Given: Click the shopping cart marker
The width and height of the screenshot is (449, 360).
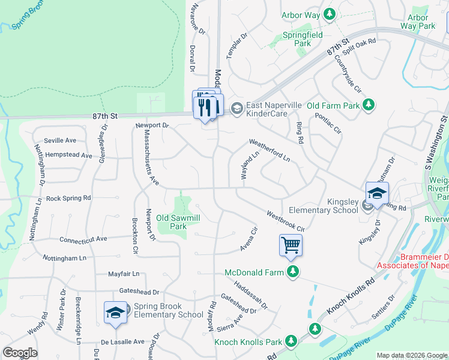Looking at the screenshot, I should point(291,244).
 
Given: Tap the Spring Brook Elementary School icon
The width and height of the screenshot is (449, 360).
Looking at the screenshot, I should point(115,313).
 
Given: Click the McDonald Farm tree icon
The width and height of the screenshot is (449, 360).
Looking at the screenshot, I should point(293,272).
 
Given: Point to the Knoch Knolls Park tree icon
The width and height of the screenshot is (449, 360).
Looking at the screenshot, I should point(291,341).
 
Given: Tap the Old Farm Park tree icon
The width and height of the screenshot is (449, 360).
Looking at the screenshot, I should point(369,106).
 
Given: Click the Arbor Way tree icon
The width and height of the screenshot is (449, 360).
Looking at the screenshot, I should point(329,13).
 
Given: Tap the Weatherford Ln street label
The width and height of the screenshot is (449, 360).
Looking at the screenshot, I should point(270,151).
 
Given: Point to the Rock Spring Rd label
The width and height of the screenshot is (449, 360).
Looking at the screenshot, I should point(68,197).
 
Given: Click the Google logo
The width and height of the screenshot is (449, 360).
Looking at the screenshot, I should point(20,353).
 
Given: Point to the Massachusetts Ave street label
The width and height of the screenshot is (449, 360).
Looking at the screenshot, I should point(150,160).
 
